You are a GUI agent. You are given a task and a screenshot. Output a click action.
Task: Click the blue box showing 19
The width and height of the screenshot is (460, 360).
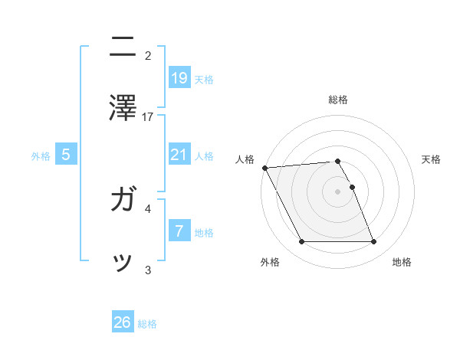tap(179, 77)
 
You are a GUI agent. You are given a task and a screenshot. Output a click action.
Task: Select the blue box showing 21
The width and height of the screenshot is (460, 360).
tap(179, 155)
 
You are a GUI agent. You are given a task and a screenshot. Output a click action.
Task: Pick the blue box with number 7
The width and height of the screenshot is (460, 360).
tap(179, 231)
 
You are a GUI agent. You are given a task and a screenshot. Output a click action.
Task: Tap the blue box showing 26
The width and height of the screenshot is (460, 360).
tap(123, 322)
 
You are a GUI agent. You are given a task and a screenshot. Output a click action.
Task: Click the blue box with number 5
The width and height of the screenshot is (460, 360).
tap(66, 155)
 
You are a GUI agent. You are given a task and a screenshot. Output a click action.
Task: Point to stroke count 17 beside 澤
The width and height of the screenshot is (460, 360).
tap(148, 117)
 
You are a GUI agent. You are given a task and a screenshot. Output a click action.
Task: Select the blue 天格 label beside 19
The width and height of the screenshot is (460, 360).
tap(204, 80)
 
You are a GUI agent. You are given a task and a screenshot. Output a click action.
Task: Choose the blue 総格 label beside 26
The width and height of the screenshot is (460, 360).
tap(147, 325)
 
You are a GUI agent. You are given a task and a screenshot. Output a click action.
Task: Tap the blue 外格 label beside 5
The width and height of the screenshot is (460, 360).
tap(41, 156)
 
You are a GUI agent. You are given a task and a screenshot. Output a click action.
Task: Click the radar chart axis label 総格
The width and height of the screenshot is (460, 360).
tap(338, 100)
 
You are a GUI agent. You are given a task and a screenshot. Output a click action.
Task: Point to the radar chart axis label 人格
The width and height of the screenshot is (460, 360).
tap(245, 159)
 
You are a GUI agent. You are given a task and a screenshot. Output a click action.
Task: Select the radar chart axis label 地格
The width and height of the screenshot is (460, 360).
tap(402, 263)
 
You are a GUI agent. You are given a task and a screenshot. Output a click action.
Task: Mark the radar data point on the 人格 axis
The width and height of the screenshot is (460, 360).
tap(264, 168)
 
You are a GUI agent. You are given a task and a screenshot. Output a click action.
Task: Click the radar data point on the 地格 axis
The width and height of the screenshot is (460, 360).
tap(373, 242)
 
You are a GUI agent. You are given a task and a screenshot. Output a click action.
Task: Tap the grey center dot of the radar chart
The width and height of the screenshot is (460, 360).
tap(338, 191)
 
